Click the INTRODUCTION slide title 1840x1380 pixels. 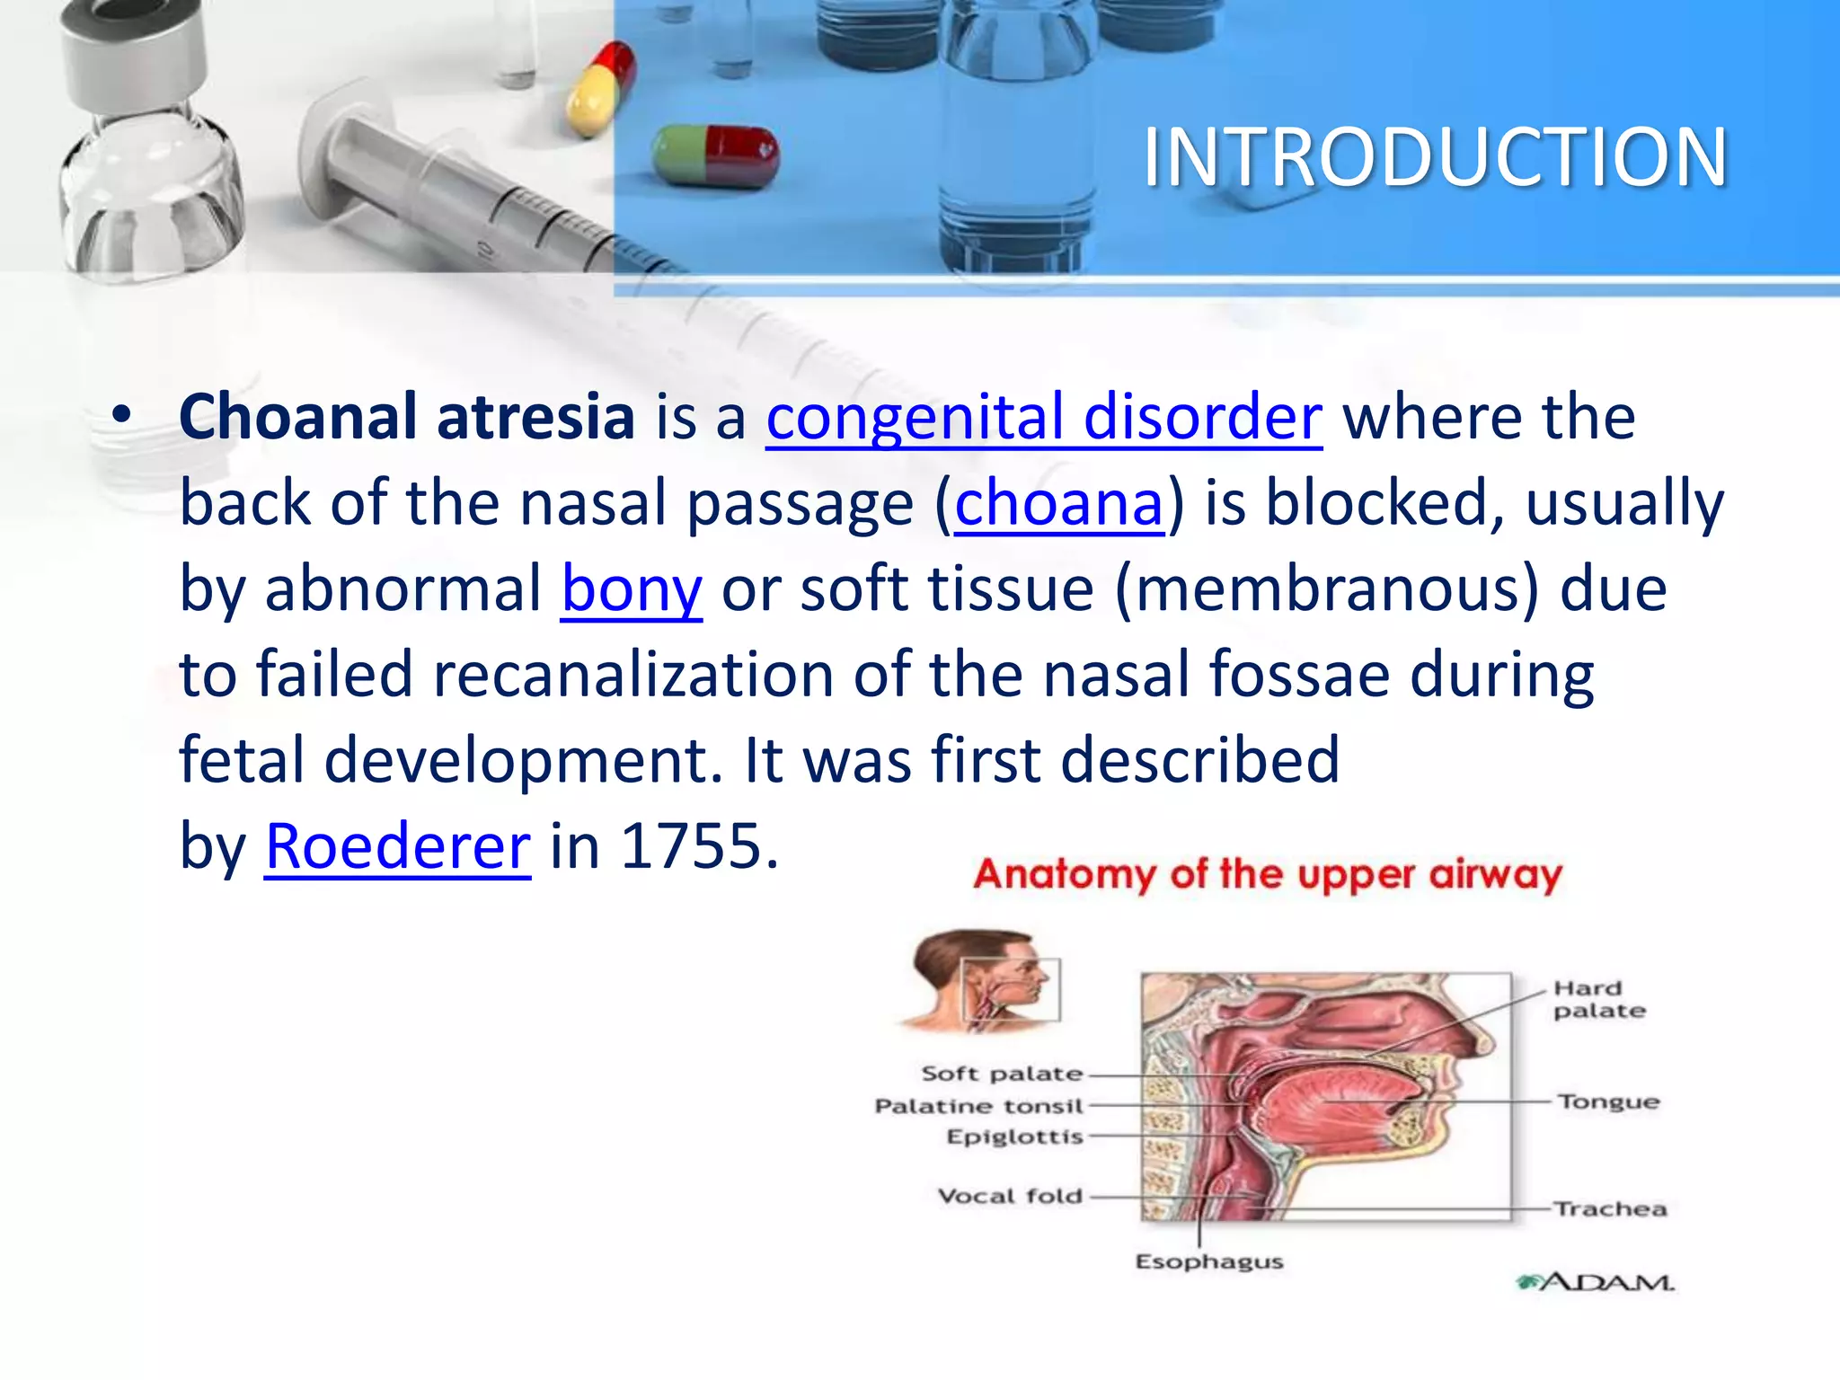[x=1435, y=158]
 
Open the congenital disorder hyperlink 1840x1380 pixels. [x=1043, y=418]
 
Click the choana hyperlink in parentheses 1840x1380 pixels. [x=1058, y=504]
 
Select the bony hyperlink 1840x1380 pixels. [x=632, y=590]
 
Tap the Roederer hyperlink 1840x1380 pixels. [x=398, y=847]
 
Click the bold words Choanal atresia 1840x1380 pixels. [x=407, y=418]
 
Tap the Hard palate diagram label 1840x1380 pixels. [x=1599, y=999]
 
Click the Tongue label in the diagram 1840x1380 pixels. [x=1608, y=1101]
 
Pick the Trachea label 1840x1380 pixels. [x=1610, y=1209]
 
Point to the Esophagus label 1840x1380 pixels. [x=1209, y=1262]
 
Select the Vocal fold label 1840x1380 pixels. [x=1010, y=1197]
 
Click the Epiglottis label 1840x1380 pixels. [x=1014, y=1137]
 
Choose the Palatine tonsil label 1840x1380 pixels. [x=979, y=1106]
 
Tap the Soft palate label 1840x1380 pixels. [x=1002, y=1074]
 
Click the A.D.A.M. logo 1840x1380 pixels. [x=1595, y=1282]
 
